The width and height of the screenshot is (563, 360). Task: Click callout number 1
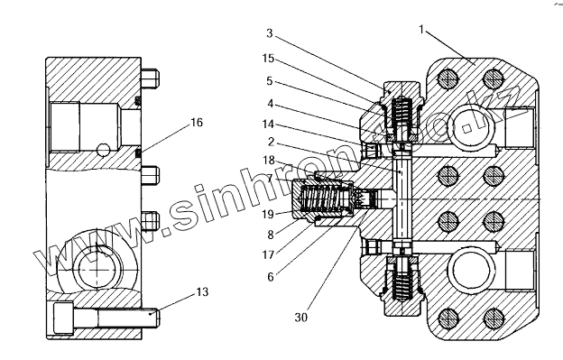421,30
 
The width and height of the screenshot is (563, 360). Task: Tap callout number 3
270,33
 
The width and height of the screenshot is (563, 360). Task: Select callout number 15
269,58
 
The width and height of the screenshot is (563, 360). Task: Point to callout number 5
270,81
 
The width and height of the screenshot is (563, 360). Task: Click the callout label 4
271,104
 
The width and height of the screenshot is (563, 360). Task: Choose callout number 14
268,125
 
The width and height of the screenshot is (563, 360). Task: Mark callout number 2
271,143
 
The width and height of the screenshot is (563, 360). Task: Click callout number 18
269,160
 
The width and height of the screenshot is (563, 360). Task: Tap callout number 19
268,214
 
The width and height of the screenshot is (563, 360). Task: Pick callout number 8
271,235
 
